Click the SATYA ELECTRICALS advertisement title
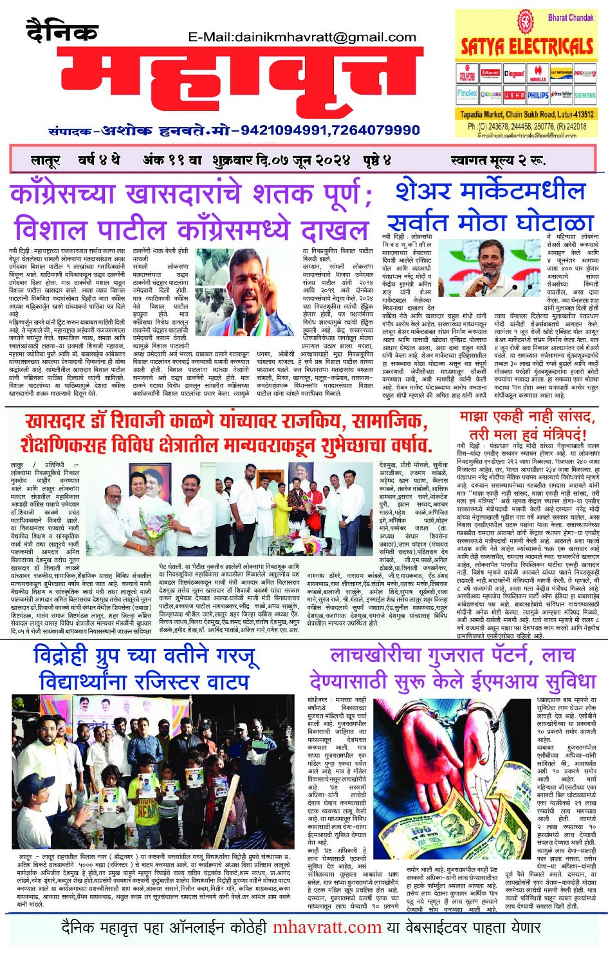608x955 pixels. [x=526, y=46]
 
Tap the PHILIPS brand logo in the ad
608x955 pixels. [x=538, y=95]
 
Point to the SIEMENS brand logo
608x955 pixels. [x=585, y=95]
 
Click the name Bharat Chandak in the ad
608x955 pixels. [x=570, y=17]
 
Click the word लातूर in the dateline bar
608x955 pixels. [x=45, y=160]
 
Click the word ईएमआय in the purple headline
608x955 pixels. [x=479, y=681]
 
